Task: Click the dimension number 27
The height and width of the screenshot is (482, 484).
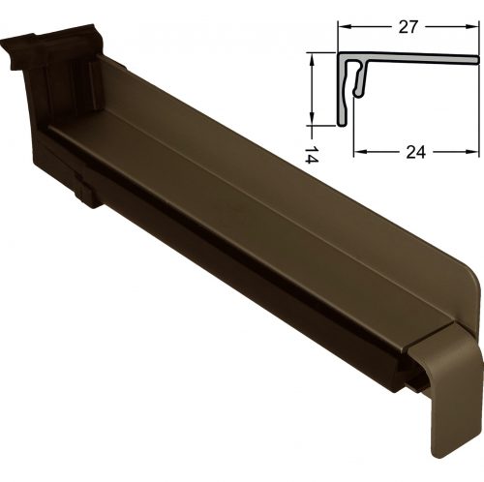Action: tap(408, 27)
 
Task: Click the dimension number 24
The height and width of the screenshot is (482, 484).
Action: tap(415, 152)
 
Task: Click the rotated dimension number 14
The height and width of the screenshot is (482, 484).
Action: tap(312, 154)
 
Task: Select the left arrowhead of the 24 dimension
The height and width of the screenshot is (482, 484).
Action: tap(360, 152)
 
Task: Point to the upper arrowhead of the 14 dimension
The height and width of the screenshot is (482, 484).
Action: tap(312, 59)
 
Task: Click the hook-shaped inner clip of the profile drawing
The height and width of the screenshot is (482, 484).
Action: tap(359, 79)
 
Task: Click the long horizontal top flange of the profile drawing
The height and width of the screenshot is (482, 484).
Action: tap(408, 58)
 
